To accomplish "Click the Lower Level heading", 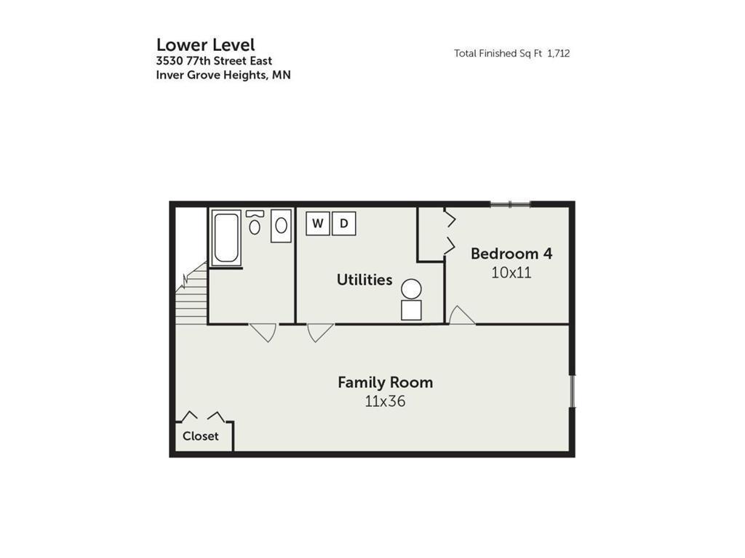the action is [x=205, y=45].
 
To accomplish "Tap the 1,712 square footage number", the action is [x=558, y=53].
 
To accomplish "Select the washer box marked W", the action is [x=317, y=223].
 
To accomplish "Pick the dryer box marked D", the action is [x=344, y=223].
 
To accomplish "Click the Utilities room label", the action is [x=364, y=280].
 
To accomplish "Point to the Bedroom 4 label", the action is [x=511, y=254].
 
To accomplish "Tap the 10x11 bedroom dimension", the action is [x=511, y=272].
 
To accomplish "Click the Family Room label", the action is [x=386, y=382].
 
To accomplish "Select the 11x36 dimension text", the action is [x=386, y=401].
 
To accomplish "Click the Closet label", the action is [x=201, y=436].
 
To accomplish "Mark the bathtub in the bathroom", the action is [x=226, y=238].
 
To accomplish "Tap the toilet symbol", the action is [x=255, y=222].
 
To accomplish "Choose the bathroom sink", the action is [x=282, y=226].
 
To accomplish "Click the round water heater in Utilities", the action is [x=412, y=289].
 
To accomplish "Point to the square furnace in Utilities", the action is [x=412, y=310].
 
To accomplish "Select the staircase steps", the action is [x=191, y=294].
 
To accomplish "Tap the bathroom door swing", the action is [x=263, y=332].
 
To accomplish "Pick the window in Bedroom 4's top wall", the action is [x=510, y=204].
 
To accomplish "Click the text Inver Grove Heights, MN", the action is [x=223, y=75].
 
